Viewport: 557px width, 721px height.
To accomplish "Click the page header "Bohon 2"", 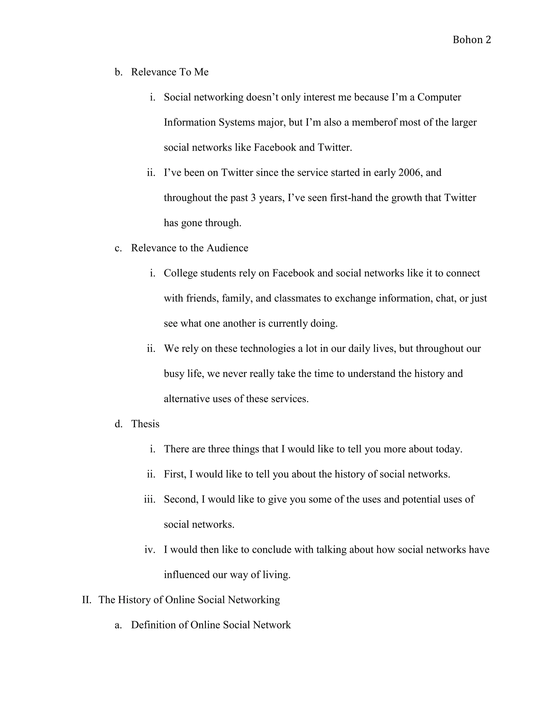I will [x=472, y=40].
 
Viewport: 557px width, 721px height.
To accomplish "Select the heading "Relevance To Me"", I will [x=170, y=72].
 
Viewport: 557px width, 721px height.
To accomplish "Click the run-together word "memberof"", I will [x=374, y=122].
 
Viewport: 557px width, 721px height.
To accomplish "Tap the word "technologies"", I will [x=267, y=349].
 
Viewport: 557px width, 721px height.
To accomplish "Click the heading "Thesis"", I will [x=145, y=424].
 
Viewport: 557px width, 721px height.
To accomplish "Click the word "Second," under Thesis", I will [x=181, y=500].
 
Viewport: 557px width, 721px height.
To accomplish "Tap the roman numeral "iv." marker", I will [x=150, y=550].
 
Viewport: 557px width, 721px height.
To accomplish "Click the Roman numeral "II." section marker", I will [x=86, y=600].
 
